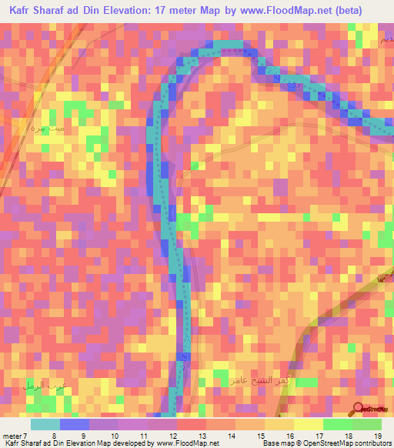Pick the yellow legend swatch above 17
[309, 424]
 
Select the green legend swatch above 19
[367, 424]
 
